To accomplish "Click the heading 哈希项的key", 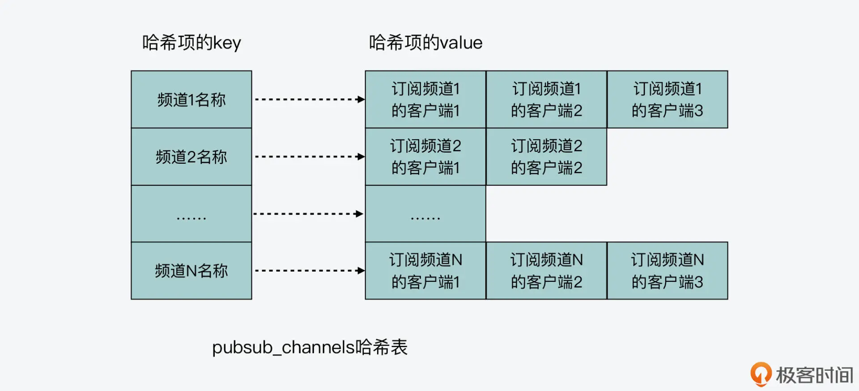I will tap(191, 43).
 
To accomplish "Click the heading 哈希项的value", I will tap(425, 43).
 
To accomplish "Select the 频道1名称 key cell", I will tap(191, 99).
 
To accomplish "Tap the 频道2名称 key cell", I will tap(191, 157).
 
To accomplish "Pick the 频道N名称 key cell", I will tap(191, 271).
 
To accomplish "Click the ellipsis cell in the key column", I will tap(191, 214).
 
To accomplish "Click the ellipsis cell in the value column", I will tap(425, 214).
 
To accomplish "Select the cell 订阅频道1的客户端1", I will tap(425, 99).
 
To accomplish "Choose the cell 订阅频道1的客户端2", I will tap(546, 99).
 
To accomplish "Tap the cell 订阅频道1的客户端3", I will tap(667, 99).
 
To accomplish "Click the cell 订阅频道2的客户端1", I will tap(425, 157).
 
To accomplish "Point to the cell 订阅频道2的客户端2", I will tap(546, 157).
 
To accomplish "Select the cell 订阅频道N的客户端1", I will tap(425, 271).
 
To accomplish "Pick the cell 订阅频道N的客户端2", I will tap(546, 271).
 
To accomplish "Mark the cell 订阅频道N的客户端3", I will tap(667, 271).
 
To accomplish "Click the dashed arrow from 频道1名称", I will tap(309, 99).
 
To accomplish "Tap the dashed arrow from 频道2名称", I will tap(309, 157).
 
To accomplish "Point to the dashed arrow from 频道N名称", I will tap(309, 271).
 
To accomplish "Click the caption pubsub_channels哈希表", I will tap(310, 347).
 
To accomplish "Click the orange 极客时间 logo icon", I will tap(761, 374).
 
